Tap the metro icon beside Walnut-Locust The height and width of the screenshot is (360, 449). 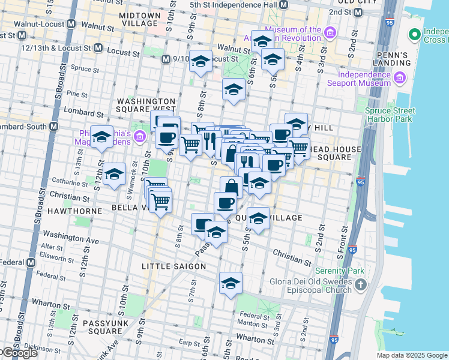tap(71, 25)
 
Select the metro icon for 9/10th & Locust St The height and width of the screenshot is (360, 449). tap(166, 59)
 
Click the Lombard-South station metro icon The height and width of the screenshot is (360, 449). tap(53, 127)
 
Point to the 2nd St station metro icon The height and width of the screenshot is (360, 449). tap(358, 12)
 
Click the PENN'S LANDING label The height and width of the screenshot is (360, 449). tap(392, 59)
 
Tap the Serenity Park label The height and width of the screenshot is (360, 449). tap(342, 271)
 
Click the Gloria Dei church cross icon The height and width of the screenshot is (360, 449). tap(360, 283)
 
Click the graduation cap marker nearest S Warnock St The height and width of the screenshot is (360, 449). tap(114, 175)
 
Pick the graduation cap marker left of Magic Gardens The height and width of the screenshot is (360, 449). tap(101, 137)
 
